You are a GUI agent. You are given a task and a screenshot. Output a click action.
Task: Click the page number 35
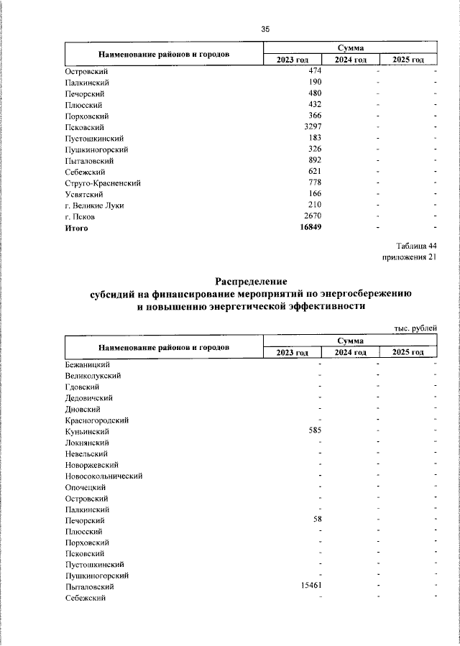pyautogui.click(x=264, y=29)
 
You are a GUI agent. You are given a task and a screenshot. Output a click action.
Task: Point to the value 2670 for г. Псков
pyautogui.click(x=314, y=216)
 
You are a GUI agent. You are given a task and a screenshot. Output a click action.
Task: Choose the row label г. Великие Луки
pyautogui.click(x=94, y=205)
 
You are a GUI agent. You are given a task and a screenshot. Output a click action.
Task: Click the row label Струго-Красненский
pyautogui.click(x=102, y=183)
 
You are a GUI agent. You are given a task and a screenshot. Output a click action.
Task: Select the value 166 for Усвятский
pyautogui.click(x=314, y=194)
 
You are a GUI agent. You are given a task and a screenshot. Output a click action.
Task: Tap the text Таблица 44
pyautogui.click(x=416, y=246)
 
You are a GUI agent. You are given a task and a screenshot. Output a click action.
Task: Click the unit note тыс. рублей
pyautogui.click(x=415, y=328)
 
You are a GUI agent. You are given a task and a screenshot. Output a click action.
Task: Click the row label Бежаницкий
pyautogui.click(x=87, y=364)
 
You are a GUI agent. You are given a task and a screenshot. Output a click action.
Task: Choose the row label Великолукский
pyautogui.click(x=93, y=375)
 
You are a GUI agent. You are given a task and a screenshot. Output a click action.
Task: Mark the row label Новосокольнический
pyautogui.click(x=103, y=476)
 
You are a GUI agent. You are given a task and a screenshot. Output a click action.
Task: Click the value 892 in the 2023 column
pyautogui.click(x=314, y=160)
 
